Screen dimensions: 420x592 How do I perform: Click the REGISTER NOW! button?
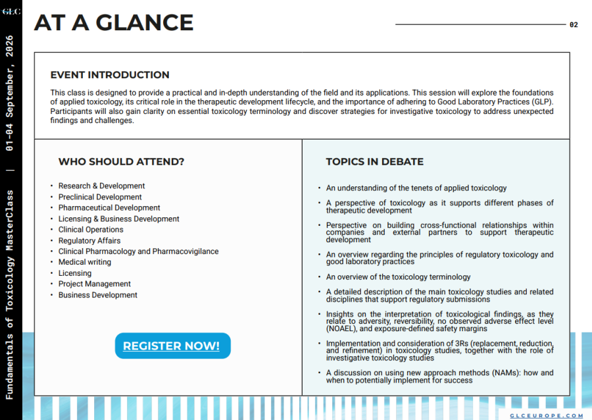click(x=172, y=346)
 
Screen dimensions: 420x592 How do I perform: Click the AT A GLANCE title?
click(x=114, y=23)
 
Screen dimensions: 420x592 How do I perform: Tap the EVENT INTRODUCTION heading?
click(x=110, y=75)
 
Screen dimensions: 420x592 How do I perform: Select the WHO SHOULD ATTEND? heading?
click(x=121, y=161)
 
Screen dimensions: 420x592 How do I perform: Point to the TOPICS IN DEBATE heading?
click(x=375, y=161)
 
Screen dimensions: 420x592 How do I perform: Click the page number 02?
click(x=574, y=25)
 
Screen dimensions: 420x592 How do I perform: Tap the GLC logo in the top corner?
click(x=11, y=11)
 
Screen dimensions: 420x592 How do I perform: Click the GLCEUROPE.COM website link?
click(x=547, y=415)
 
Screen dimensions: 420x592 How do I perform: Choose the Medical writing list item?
click(x=85, y=262)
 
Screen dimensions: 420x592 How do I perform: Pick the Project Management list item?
click(x=95, y=284)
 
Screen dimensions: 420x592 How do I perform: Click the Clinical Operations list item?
click(x=91, y=229)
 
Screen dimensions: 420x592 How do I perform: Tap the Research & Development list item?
click(x=101, y=186)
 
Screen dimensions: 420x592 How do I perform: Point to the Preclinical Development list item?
click(x=100, y=197)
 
